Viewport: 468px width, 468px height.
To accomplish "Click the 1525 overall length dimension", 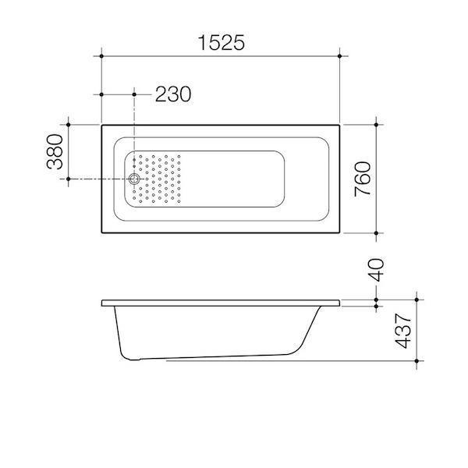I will click(x=221, y=43).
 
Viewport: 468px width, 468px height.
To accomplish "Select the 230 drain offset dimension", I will click(x=172, y=94).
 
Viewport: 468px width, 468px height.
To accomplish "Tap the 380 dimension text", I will click(x=54, y=152).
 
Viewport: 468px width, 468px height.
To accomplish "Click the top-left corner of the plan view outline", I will click(x=102, y=124).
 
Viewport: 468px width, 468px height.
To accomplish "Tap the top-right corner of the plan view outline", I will click(x=340, y=124).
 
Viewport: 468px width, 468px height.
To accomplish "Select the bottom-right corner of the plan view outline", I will click(x=340, y=234).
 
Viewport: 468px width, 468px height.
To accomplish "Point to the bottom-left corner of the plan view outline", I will click(x=102, y=234).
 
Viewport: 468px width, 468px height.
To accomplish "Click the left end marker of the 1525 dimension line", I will click(x=102, y=56).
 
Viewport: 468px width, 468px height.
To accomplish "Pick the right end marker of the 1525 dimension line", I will click(x=340, y=56).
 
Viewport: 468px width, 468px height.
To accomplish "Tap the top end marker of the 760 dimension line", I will click(x=378, y=124).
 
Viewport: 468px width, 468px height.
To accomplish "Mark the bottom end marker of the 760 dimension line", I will click(x=378, y=234).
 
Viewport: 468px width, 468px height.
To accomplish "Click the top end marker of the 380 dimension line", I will click(x=69, y=124).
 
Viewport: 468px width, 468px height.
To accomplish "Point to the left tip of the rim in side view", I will click(x=103, y=303).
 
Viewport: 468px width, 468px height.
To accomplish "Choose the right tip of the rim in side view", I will click(x=341, y=303).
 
